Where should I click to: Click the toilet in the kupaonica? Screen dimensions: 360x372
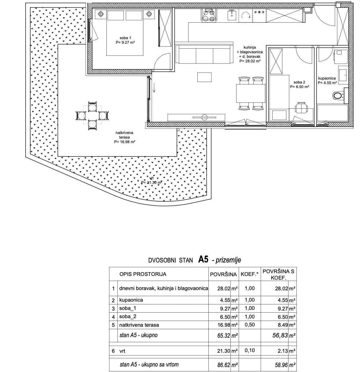click(338, 95)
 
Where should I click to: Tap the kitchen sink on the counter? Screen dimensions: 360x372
click(232, 15)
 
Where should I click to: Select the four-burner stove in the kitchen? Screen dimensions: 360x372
click(208, 15)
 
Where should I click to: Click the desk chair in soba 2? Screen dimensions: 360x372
click(301, 108)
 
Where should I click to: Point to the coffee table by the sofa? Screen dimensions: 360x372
click(204, 77)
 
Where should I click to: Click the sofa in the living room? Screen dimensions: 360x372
click(204, 54)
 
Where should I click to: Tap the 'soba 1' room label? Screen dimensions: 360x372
click(125, 38)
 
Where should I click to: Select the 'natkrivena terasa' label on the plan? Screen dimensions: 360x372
click(124, 135)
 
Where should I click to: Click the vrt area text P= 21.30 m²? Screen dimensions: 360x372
click(152, 183)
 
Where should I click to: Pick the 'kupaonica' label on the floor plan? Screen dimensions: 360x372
click(327, 78)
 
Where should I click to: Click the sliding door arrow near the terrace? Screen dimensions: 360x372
click(154, 88)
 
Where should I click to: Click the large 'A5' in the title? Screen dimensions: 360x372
click(203, 259)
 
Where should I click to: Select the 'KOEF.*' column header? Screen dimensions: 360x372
click(249, 274)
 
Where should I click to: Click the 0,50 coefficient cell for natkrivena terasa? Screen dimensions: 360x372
click(250, 325)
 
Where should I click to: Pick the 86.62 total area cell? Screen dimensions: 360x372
click(224, 365)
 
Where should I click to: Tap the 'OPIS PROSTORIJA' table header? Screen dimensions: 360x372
click(143, 274)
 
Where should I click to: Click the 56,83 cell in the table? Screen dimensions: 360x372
click(280, 335)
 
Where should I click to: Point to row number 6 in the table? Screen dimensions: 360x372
click(113, 351)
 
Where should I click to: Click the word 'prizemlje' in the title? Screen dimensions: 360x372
click(228, 260)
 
